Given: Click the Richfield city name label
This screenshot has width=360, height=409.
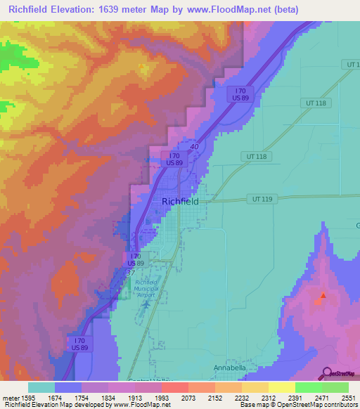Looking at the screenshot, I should [180, 201].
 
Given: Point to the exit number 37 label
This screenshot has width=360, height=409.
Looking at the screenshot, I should [129, 271].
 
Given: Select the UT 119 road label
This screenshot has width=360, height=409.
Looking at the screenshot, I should [262, 200].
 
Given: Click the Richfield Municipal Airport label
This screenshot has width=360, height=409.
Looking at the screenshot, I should [146, 288].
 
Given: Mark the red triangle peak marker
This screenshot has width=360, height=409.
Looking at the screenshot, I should [323, 296].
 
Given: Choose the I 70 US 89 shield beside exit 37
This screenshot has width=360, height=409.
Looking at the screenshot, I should [135, 259].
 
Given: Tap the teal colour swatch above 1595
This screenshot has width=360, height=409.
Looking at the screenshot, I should [41, 387].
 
